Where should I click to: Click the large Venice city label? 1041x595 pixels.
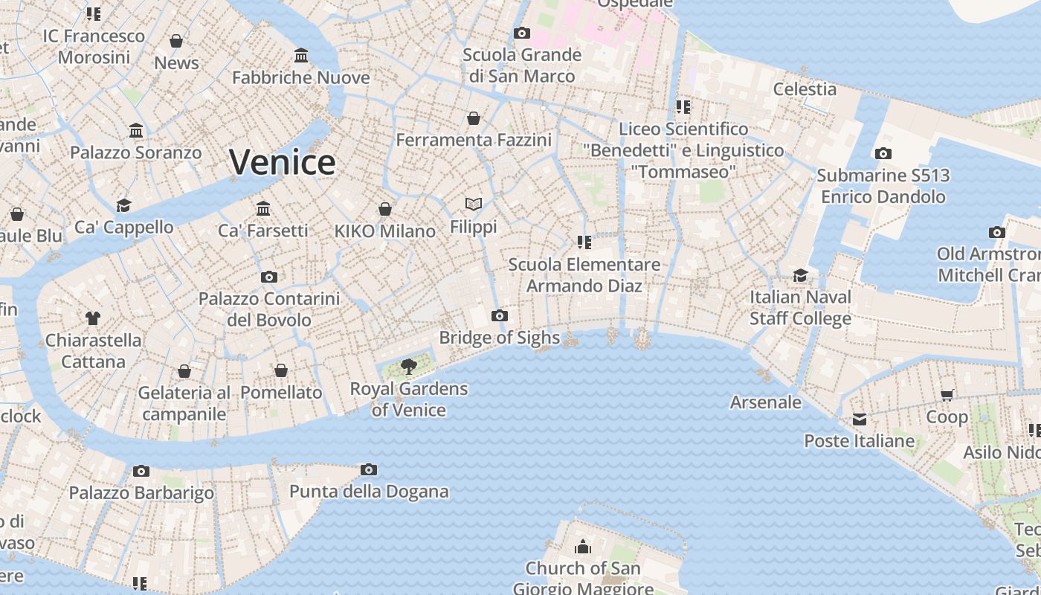click(282, 161)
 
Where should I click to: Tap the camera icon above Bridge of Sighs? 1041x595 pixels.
click(500, 316)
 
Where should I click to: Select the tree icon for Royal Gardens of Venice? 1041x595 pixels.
click(407, 366)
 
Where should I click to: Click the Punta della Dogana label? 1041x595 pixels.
click(369, 492)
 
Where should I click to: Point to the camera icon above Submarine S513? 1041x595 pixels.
click(883, 154)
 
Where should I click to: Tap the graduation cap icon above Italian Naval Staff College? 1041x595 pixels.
click(800, 275)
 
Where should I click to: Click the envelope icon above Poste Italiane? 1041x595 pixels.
click(860, 419)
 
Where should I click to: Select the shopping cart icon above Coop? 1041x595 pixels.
click(947, 395)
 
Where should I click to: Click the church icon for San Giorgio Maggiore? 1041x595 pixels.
click(583, 547)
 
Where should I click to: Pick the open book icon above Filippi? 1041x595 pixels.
click(474, 204)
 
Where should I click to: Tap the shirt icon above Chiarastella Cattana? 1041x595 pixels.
click(92, 318)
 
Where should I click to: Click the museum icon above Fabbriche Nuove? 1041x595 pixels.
click(301, 56)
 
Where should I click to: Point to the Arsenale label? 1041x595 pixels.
click(766, 402)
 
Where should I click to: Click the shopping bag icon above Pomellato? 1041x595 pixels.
click(281, 370)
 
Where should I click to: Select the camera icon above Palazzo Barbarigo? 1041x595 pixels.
click(141, 471)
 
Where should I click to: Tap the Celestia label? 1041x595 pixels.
click(805, 89)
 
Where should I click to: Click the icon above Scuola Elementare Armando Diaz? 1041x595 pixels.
click(584, 242)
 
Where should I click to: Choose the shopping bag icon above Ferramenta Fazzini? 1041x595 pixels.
click(474, 118)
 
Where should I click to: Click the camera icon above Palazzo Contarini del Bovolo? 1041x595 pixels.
click(269, 277)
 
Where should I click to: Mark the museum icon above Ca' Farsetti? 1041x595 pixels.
click(262, 208)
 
